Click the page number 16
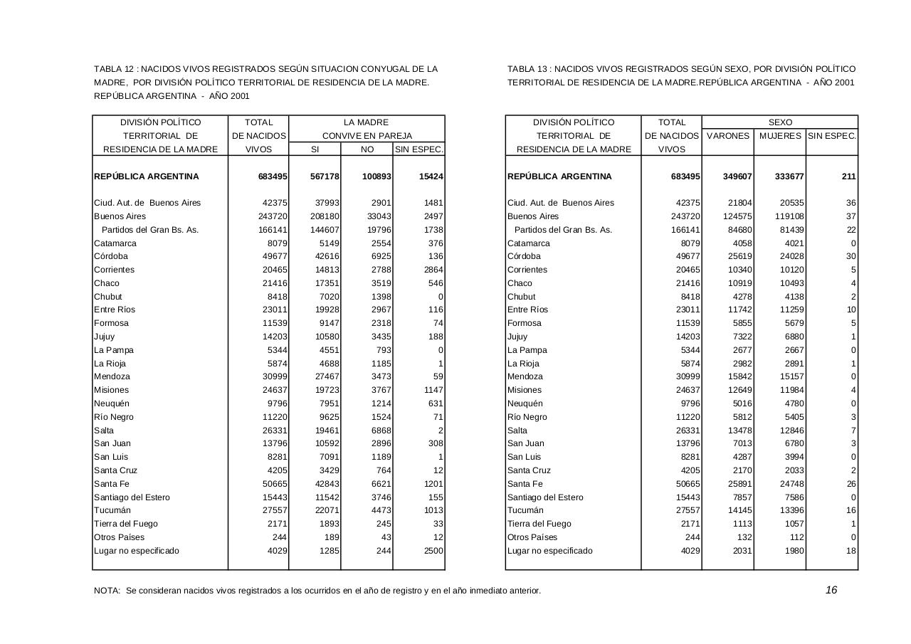click(831, 590)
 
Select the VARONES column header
click(727, 136)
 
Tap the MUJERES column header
click(780, 136)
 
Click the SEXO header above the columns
click(780, 122)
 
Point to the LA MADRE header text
click(367, 122)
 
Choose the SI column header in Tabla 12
click(315, 149)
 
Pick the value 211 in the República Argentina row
click(848, 176)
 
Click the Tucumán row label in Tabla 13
click(525, 510)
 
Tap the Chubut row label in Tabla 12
click(108, 297)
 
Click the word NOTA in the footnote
click(107, 591)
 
